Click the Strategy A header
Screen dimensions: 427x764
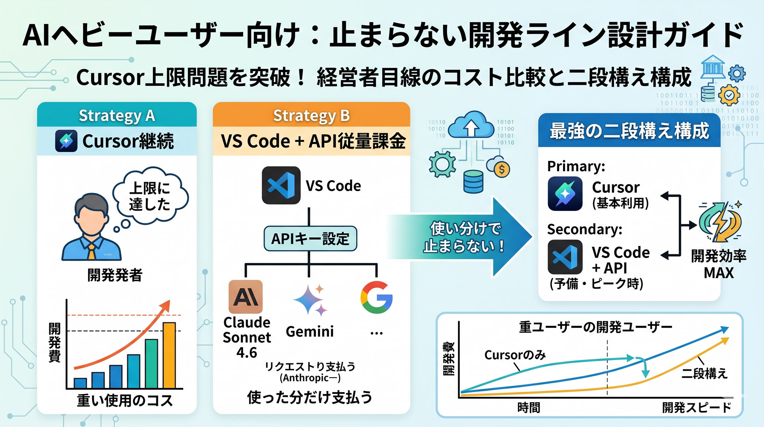[x=117, y=115]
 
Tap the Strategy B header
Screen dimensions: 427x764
[x=311, y=115]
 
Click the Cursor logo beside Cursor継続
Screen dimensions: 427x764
[x=66, y=141]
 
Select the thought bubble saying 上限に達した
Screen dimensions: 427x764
[x=150, y=196]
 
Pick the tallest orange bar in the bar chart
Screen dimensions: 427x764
[x=169, y=355]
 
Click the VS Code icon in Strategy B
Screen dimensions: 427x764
[x=281, y=185]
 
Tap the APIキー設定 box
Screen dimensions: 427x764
[x=310, y=238]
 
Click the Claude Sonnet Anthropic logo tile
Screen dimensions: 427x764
[x=246, y=297]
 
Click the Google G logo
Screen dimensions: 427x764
[x=376, y=297]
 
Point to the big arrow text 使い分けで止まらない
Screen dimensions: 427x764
[x=465, y=237]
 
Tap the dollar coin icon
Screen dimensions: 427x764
[x=502, y=170]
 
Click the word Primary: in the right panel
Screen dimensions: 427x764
[x=576, y=166]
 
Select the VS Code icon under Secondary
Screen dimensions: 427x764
[x=565, y=257]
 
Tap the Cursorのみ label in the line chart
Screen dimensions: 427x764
[x=515, y=355]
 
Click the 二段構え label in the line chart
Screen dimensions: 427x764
[x=704, y=373]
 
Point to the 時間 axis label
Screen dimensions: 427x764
[x=528, y=407]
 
